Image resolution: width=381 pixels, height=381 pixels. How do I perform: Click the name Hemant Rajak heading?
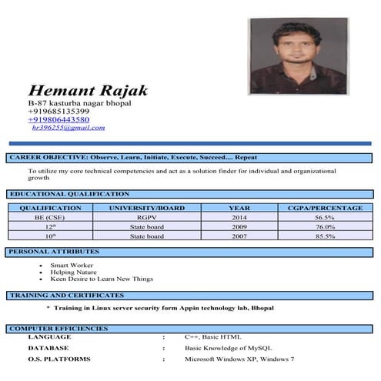(87, 90)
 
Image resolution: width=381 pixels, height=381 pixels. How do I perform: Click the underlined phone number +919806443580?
(58, 119)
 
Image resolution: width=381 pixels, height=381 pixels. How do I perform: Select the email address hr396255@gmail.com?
(68, 128)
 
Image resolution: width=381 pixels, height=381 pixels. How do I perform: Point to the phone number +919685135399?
(58, 111)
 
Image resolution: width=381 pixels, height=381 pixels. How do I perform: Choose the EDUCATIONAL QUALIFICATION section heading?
(69, 194)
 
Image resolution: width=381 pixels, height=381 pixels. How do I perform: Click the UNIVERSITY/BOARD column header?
(147, 208)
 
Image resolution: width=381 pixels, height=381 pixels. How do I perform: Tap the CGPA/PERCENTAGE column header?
(324, 208)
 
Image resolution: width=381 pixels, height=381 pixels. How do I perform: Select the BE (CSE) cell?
(51, 218)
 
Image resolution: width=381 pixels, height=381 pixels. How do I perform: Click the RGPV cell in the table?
(147, 218)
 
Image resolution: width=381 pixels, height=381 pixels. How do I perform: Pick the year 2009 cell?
(239, 227)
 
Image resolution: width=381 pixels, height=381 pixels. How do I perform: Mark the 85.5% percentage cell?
(324, 236)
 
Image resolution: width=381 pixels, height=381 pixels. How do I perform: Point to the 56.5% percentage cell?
(324, 218)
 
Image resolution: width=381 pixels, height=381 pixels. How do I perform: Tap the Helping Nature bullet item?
(71, 272)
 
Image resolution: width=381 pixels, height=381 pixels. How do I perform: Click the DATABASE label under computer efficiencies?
(48, 348)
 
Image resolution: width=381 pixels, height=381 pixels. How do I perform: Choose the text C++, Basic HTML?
(212, 337)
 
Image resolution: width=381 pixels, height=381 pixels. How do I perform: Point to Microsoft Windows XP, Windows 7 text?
(239, 359)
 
